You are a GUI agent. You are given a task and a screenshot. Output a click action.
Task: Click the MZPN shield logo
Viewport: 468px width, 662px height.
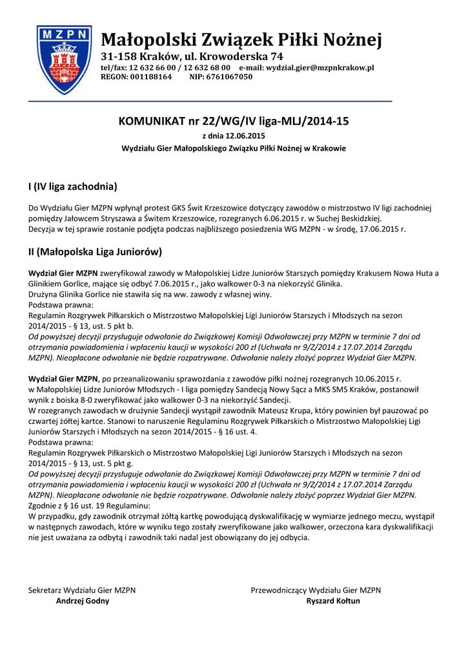[64, 59]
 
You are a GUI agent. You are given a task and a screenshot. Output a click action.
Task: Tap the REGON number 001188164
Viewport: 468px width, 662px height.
[152, 77]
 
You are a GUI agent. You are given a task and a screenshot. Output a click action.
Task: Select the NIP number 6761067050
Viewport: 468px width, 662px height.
[230, 77]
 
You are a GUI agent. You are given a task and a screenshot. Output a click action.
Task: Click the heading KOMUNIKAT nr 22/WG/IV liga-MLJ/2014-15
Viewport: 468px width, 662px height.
[234, 121]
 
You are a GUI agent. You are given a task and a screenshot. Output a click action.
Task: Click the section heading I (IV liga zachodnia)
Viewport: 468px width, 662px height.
[72, 187]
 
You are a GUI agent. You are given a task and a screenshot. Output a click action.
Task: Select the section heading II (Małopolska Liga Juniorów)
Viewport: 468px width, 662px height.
[94, 251]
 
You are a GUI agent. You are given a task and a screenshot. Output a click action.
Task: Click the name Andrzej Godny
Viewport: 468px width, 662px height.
[83, 601]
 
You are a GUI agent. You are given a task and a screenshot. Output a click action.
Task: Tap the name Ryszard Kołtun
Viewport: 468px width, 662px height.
[333, 601]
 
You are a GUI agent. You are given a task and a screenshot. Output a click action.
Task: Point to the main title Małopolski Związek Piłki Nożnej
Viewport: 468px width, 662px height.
[241, 40]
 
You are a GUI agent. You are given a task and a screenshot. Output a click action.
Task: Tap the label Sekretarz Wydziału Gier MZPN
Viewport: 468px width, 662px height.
[82, 590]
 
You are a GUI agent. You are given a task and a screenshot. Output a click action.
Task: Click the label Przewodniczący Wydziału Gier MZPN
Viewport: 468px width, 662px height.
[316, 590]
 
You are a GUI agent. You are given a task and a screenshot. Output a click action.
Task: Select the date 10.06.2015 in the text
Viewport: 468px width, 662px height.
[379, 378]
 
